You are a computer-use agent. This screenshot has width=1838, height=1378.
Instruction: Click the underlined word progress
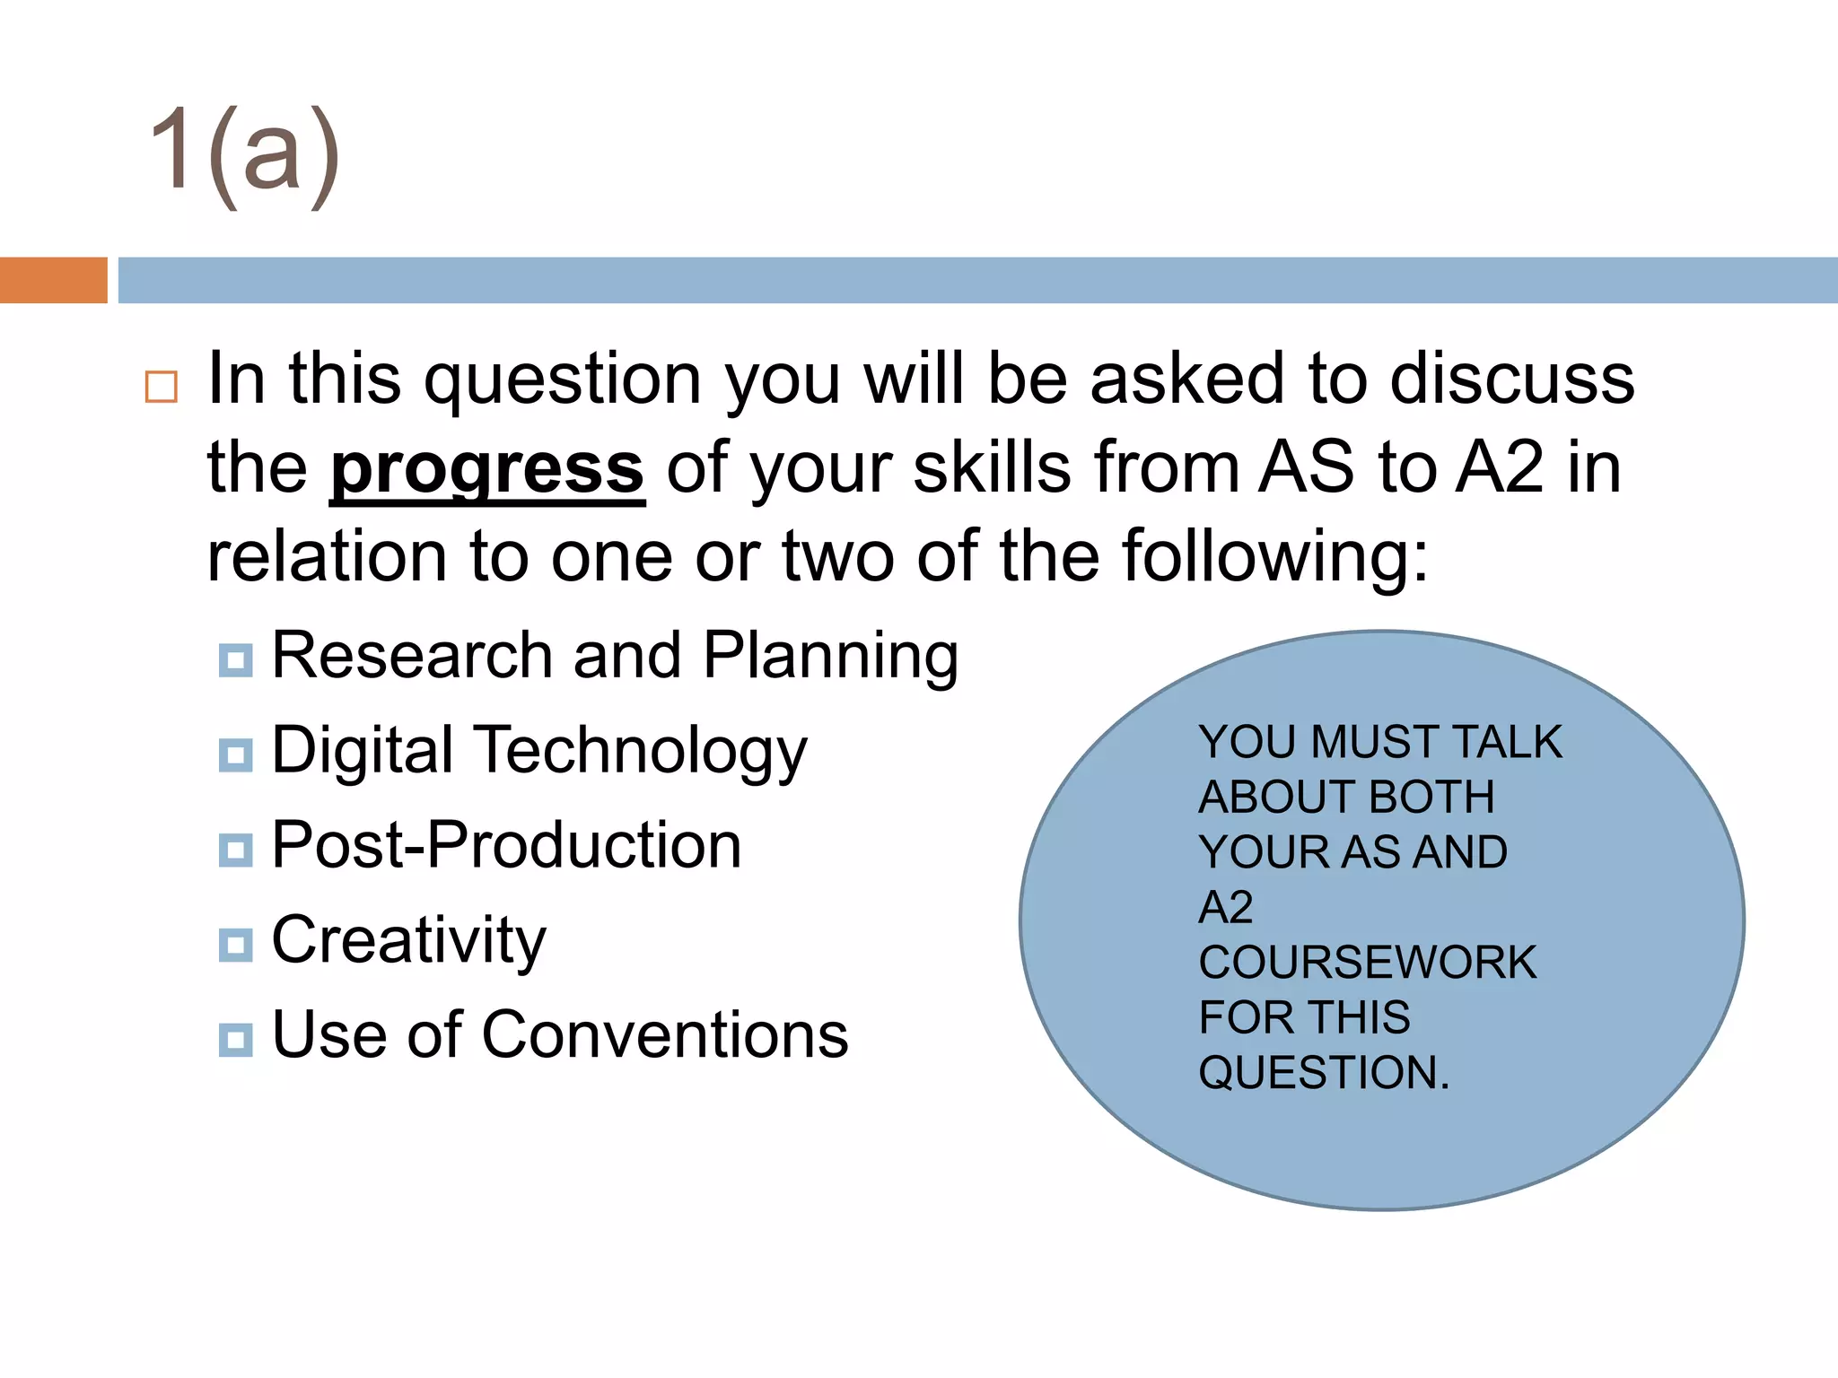487,469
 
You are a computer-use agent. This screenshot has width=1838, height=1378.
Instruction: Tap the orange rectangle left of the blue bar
53,280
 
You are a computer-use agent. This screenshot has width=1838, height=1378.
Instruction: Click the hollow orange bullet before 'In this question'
162,387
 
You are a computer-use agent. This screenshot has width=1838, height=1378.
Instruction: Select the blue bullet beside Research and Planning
235,660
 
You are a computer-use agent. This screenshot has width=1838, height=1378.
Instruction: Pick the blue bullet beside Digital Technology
235,755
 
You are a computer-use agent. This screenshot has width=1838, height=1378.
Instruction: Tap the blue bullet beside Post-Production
235,850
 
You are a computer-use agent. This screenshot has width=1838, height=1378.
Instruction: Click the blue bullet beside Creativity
235,945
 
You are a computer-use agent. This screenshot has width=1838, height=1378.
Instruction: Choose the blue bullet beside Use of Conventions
235,1040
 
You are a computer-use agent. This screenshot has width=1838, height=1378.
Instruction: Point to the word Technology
642,752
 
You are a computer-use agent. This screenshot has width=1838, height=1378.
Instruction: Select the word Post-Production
506,845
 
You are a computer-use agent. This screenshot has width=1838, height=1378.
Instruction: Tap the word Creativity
408,941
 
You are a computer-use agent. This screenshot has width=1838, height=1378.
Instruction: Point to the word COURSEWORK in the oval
1367,963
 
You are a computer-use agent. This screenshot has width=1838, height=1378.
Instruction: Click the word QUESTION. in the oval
1324,1073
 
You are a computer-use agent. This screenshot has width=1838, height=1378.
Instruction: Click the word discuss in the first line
1511,379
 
